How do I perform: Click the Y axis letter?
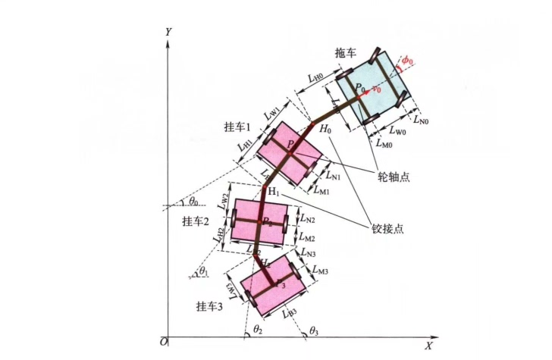point(168,32)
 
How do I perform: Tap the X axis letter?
point(428,346)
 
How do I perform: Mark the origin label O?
point(162,344)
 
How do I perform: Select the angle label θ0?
point(193,202)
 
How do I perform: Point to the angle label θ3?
point(315,330)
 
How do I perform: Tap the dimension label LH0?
point(314,77)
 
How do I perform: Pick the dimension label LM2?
point(308,239)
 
